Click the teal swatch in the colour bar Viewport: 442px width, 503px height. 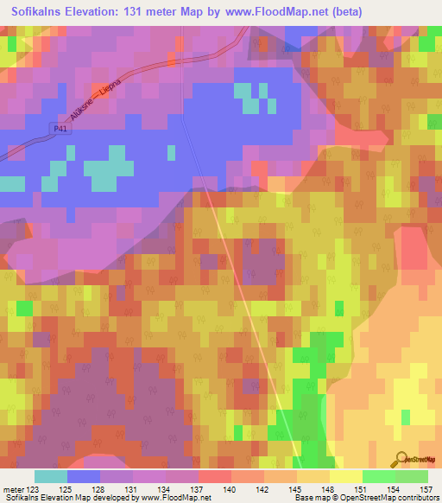(51, 476)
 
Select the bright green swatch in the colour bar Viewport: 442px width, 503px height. (379, 476)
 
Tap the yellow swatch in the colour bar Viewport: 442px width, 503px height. (346, 476)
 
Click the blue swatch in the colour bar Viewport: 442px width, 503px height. (84, 476)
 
